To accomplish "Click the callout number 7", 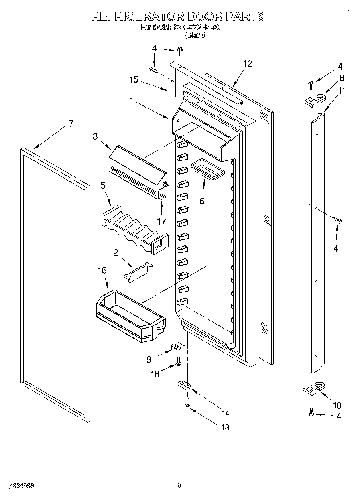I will pyautogui.click(x=71, y=124).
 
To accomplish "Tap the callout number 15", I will pyautogui.click(x=133, y=80).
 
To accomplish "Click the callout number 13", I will pyautogui.click(x=225, y=428).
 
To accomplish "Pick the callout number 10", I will pyautogui.click(x=337, y=405).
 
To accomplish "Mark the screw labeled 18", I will pyautogui.click(x=179, y=364).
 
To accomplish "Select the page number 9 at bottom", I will pyautogui.click(x=179, y=486).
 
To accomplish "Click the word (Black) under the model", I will pyautogui.click(x=195, y=35).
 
